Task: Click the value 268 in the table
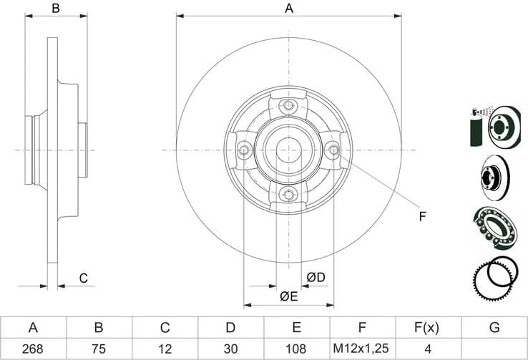(x=33, y=349)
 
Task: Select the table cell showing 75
(x=99, y=349)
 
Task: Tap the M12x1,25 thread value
(x=362, y=349)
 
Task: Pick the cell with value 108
(x=296, y=349)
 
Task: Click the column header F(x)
(x=428, y=328)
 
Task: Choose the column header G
(x=494, y=328)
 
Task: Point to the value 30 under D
(x=230, y=349)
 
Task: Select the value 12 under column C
(x=165, y=349)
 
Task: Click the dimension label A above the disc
(x=289, y=9)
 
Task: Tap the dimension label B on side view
(x=56, y=9)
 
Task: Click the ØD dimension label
(x=316, y=277)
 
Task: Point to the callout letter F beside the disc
(x=422, y=216)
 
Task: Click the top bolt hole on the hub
(x=289, y=107)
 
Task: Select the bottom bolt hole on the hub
(x=289, y=194)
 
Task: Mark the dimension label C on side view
(x=83, y=278)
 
